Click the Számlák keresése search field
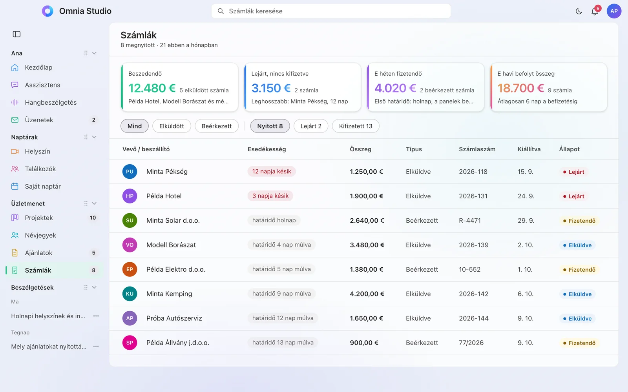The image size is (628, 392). click(x=331, y=11)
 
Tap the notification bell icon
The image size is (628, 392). click(x=594, y=11)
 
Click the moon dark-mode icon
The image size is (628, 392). click(x=579, y=11)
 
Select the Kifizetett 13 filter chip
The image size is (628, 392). click(x=356, y=126)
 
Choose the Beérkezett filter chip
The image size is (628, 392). click(x=216, y=126)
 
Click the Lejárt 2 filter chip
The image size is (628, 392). click(x=311, y=126)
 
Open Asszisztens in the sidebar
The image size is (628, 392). click(x=42, y=85)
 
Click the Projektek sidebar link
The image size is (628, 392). click(x=39, y=218)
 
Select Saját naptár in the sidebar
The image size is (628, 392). click(x=43, y=186)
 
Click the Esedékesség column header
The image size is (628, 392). click(x=267, y=149)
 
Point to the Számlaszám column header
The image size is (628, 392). click(x=477, y=149)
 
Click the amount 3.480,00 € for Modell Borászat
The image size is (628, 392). click(x=367, y=245)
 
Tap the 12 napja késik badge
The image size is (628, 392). click(x=271, y=171)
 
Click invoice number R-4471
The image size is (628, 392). click(x=469, y=221)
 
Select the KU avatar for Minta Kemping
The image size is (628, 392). click(x=130, y=294)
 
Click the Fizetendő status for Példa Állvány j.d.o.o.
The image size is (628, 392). click(x=579, y=343)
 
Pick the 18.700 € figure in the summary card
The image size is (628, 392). click(x=520, y=88)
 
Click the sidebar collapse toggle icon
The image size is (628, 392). click(x=16, y=34)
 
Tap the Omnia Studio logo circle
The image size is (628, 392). click(x=47, y=11)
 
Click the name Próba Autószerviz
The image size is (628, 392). click(x=174, y=318)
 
